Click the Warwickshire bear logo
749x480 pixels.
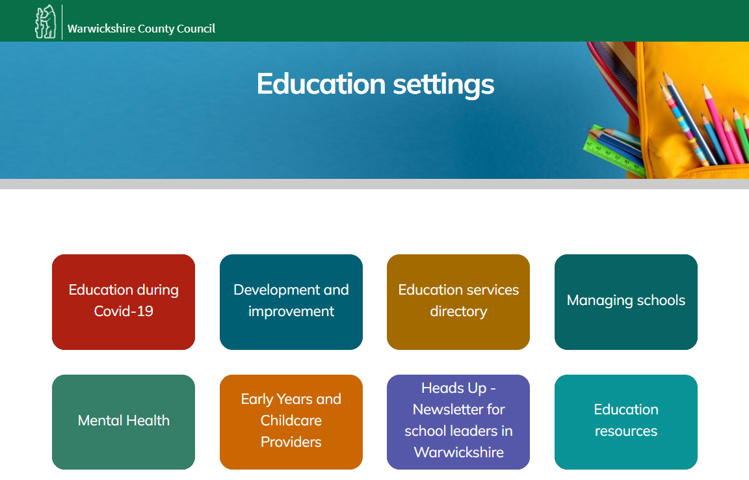point(46,22)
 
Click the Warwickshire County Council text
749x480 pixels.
point(141,29)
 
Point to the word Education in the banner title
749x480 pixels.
point(321,84)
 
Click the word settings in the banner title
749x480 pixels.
point(444,85)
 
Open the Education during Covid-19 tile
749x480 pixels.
point(124,302)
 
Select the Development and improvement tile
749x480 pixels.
point(291,302)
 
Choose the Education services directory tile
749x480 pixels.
point(458,302)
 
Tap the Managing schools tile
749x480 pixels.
point(625,302)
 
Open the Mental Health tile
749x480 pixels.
point(124,422)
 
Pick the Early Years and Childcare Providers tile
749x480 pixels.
point(291,422)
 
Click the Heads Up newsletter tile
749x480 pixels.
point(458,422)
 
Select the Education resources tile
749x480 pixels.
point(625,422)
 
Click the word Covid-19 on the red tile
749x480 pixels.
point(124,312)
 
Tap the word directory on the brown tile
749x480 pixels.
point(458,312)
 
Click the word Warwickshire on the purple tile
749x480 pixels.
point(458,452)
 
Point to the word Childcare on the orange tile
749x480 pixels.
point(291,420)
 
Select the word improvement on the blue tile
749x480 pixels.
point(291,312)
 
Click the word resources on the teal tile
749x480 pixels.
point(625,431)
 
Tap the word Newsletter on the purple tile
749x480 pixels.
point(458,409)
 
